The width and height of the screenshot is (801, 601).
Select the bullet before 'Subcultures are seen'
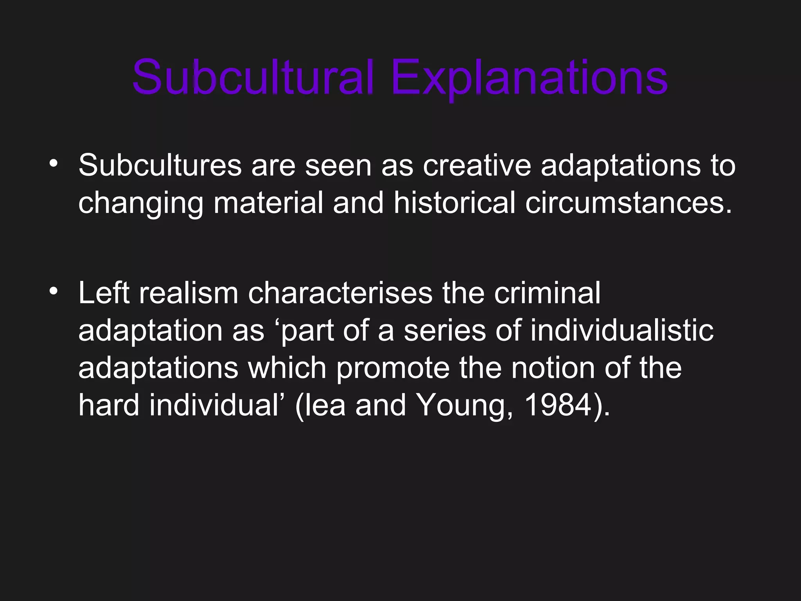click(x=54, y=163)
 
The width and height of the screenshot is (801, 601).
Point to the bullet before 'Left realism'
click(x=54, y=291)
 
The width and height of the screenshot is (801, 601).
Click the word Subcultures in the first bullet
click(x=160, y=166)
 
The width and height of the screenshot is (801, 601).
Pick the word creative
click(x=477, y=166)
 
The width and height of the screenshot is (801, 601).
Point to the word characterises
click(x=340, y=293)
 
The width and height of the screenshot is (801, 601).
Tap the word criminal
click(x=547, y=293)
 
